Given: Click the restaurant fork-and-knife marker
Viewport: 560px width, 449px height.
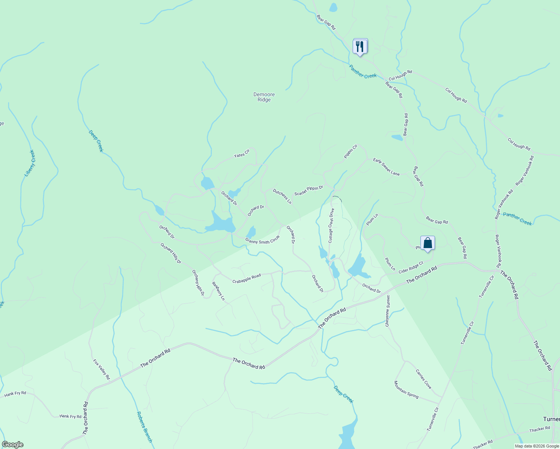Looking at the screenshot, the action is point(360,46).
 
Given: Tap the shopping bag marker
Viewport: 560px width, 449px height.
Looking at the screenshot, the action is point(427,243).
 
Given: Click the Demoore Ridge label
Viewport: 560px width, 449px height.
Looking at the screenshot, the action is point(264,97).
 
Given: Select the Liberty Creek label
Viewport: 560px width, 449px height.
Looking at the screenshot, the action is point(30,163).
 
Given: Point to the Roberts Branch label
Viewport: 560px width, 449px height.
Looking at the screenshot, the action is point(144,427).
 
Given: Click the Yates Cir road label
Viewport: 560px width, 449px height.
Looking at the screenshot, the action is point(241,153).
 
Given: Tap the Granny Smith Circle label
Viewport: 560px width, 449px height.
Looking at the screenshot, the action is point(262,239).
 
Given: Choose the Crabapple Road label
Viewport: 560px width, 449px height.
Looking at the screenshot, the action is point(246,278).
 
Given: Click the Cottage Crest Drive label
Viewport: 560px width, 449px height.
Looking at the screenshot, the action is point(331,226).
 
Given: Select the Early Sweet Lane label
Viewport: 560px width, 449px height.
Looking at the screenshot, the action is point(386,167).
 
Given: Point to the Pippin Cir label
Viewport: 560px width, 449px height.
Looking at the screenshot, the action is point(351,151).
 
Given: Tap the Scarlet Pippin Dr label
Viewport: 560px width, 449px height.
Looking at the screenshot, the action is point(308,190).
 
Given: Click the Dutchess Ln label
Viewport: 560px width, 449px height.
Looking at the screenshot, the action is point(282,196).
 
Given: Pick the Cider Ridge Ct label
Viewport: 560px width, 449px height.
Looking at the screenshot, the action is point(411,267).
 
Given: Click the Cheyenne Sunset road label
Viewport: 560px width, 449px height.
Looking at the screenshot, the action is point(388,311).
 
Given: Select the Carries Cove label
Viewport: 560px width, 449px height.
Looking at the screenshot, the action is point(423,379).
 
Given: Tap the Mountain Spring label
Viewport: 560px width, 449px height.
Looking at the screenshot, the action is point(406,390).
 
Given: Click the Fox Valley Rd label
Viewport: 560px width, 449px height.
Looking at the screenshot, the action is point(101,369).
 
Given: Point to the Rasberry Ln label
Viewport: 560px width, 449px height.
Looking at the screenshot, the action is point(218,291).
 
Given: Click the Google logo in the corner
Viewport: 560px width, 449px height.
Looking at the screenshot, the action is point(12,444).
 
